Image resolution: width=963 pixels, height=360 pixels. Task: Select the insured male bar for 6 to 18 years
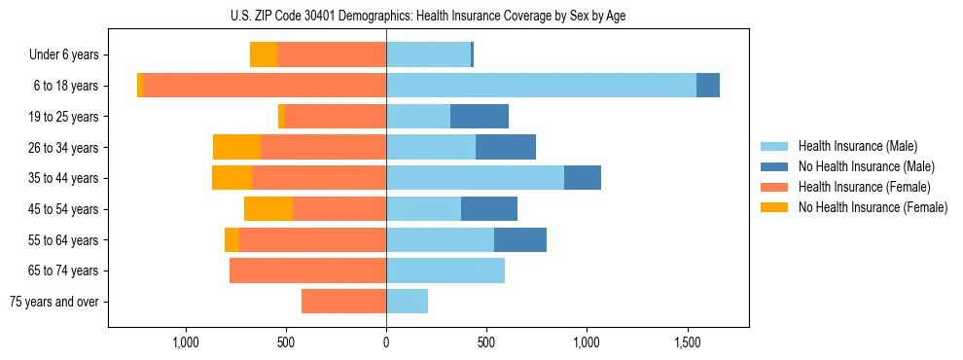point(541,86)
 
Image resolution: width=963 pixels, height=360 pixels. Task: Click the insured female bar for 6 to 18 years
point(265,86)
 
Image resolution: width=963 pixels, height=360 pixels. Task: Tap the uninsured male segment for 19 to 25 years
point(480,117)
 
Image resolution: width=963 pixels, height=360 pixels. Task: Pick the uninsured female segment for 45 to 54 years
point(268,209)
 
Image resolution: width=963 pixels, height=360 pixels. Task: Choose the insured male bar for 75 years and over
point(407,302)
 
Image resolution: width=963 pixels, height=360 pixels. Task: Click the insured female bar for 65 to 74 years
point(307,270)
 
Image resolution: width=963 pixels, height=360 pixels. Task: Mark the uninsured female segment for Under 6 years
point(264,54)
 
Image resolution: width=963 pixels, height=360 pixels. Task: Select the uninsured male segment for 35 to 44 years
point(583,178)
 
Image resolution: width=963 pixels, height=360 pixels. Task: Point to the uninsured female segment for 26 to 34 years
point(236,147)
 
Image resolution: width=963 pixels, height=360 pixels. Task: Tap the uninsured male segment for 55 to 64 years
point(520,239)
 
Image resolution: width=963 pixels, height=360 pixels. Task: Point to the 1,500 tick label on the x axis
point(688,342)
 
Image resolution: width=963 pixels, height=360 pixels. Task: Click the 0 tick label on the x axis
point(386,342)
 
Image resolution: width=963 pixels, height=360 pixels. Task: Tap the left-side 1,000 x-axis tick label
point(185,342)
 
